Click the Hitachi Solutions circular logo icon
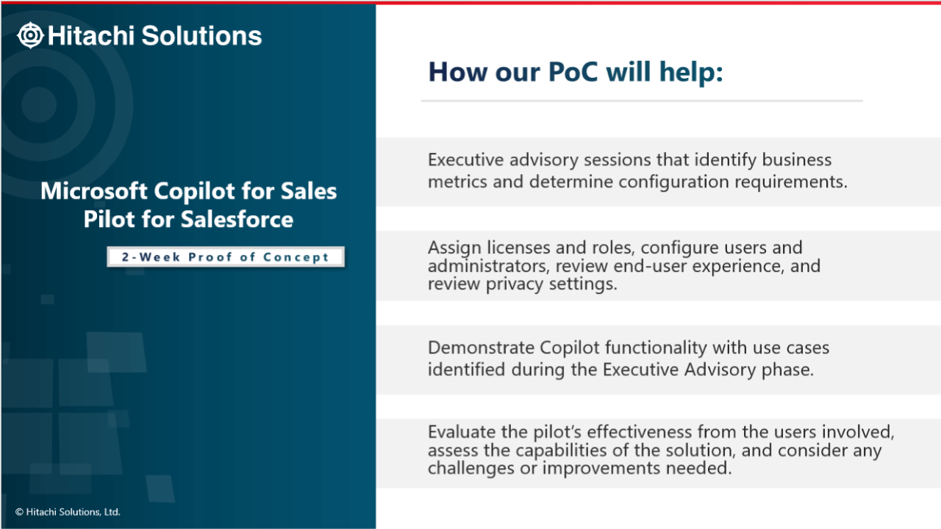pos(30,35)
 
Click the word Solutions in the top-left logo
pos(201,35)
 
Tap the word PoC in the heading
pos(573,72)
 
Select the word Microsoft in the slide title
pos(93,191)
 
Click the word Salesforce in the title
pos(237,219)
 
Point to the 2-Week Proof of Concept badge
pos(226,257)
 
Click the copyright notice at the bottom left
pos(68,512)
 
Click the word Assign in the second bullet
pos(454,248)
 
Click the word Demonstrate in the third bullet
pos(481,348)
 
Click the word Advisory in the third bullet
pos(720,370)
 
